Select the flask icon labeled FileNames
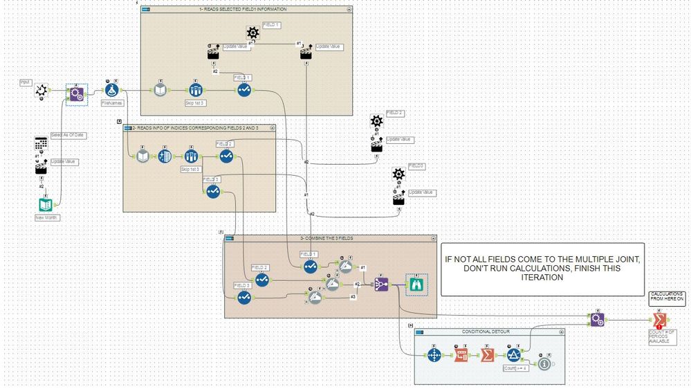111,91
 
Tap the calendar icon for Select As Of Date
42,143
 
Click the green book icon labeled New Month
46,206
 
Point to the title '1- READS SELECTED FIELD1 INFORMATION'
243,10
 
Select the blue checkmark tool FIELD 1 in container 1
243,90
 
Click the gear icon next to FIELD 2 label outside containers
376,120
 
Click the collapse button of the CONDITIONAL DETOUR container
560,332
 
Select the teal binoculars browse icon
416,284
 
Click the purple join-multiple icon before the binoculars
381,284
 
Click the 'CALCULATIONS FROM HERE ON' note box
667,298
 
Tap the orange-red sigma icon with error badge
659,320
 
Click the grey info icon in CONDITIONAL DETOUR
544,364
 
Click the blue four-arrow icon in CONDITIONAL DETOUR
434,355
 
